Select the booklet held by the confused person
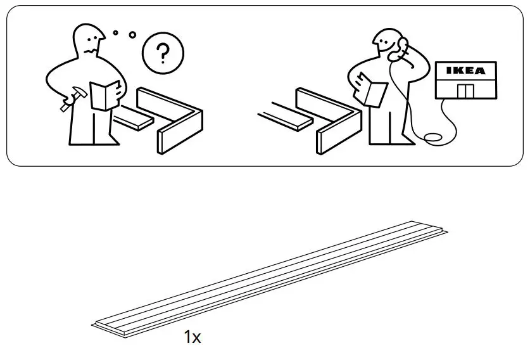click(105, 96)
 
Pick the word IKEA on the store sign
click(467, 71)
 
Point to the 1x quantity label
click(192, 338)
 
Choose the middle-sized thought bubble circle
click(132, 34)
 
